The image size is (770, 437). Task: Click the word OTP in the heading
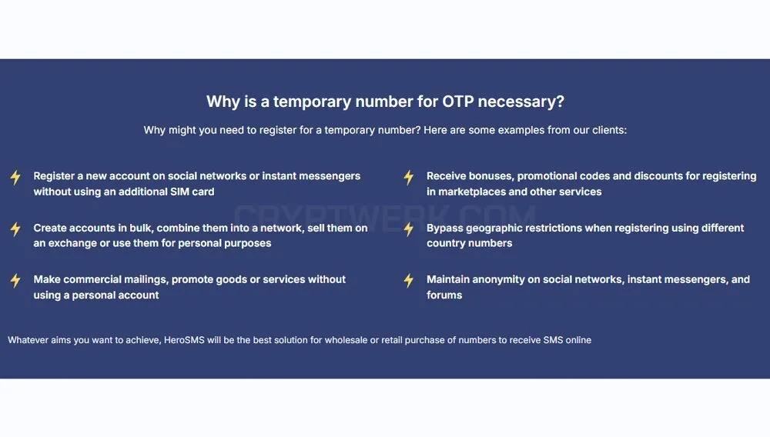click(x=457, y=102)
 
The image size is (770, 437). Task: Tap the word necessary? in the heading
click(x=521, y=102)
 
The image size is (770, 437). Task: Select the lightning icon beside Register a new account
click(x=15, y=178)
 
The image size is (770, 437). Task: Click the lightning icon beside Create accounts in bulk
click(x=15, y=229)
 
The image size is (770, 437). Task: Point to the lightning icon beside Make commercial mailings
click(x=15, y=281)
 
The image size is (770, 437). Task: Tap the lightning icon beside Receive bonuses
click(x=409, y=178)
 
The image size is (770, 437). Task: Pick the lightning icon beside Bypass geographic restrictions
click(x=409, y=229)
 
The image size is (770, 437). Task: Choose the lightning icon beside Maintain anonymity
click(x=409, y=281)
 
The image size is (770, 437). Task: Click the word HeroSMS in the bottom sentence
click(x=184, y=340)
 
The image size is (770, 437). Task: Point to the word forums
click(x=444, y=295)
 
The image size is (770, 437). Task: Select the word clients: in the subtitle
click(x=609, y=130)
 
